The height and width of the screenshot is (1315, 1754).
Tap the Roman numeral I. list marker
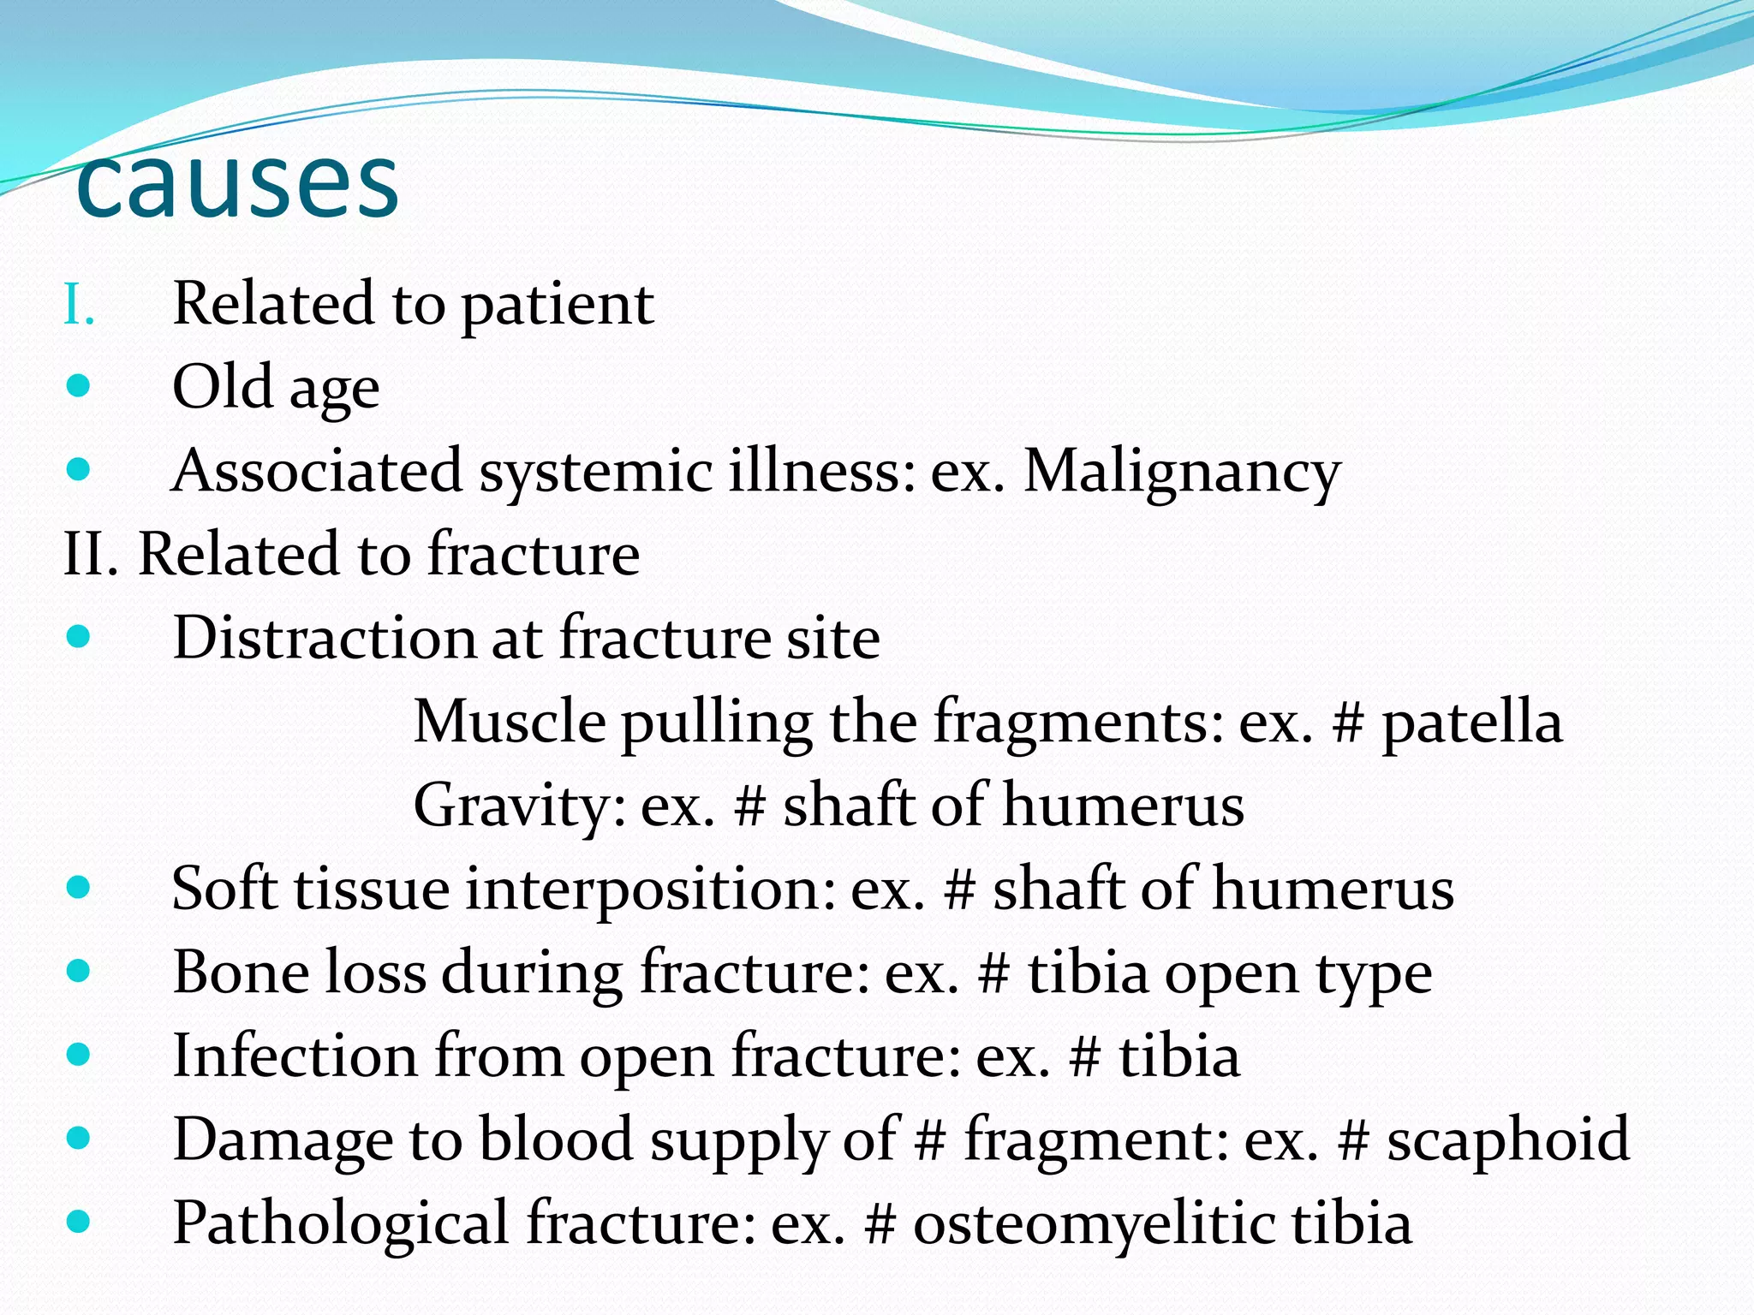[x=78, y=305]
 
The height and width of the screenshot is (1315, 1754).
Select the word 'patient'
[x=558, y=305]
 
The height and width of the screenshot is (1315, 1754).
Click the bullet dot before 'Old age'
[x=78, y=386]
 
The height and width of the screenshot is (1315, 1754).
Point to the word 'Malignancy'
[x=1182, y=472]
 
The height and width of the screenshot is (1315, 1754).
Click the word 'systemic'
[x=595, y=472]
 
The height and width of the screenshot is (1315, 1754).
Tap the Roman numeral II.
[x=90, y=554]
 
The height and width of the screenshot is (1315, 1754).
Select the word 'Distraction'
[x=324, y=638]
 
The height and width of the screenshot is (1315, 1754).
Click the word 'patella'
[x=1472, y=722]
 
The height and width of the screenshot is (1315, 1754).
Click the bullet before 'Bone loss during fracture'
[x=78, y=971]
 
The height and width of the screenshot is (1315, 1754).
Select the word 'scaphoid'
[x=1508, y=1139]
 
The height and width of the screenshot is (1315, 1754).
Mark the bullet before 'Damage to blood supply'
[x=78, y=1138]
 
